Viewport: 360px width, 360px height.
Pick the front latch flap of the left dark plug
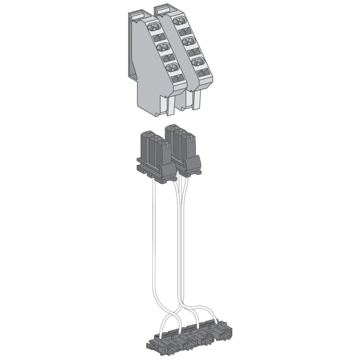166,170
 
